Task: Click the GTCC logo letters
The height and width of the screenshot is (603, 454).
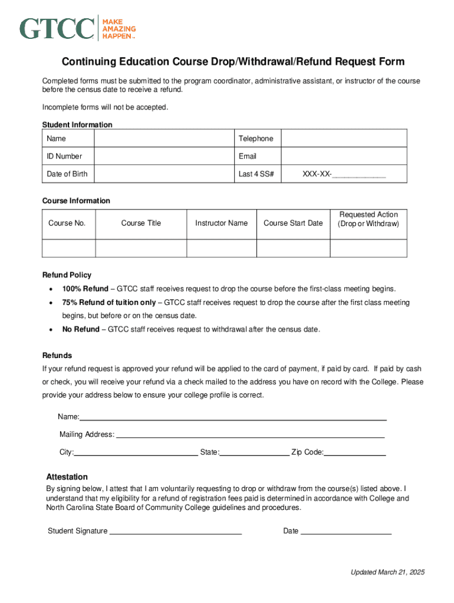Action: point(57,28)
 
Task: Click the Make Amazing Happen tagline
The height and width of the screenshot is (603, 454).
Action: point(119,28)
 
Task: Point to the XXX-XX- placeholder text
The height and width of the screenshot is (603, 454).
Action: point(317,174)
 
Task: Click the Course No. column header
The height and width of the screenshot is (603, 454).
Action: point(67,223)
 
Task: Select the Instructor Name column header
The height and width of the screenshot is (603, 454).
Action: point(221,223)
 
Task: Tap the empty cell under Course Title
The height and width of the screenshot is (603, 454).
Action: point(141,248)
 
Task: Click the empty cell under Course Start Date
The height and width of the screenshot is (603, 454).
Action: point(293,248)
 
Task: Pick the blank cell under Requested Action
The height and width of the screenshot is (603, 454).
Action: point(368,248)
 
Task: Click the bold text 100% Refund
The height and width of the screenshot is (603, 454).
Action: point(85,289)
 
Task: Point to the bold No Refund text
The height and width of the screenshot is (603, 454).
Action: point(81,329)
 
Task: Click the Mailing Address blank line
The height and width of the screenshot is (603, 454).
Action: point(251,435)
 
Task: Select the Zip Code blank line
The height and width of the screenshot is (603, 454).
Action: point(355,453)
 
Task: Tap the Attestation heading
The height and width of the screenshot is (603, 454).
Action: point(67,477)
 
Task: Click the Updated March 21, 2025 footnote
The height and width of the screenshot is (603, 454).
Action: point(387,572)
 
